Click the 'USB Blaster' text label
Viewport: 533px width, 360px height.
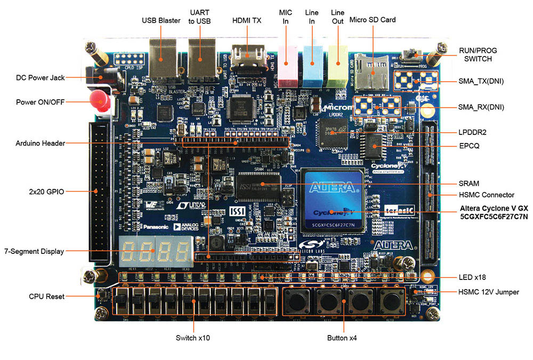[161, 21]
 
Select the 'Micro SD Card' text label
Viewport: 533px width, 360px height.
[372, 20]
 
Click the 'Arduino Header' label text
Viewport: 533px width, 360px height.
[41, 143]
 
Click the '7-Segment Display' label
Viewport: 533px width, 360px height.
[34, 251]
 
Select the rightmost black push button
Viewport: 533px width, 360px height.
[393, 302]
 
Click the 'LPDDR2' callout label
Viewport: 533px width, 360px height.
[472, 132]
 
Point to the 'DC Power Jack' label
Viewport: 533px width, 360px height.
[41, 77]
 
